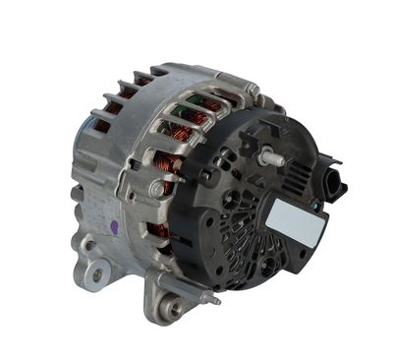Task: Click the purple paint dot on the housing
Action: point(115,227)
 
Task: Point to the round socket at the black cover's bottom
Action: point(268,266)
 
